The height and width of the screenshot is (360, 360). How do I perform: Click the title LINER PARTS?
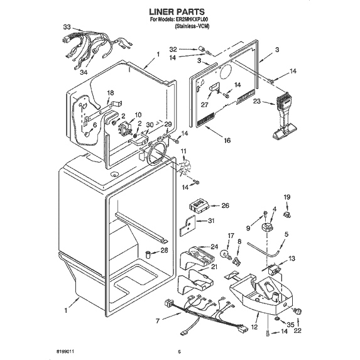(x=180, y=11)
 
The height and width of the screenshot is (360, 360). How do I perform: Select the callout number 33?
(x=67, y=28)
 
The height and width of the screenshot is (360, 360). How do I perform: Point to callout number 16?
(x=226, y=140)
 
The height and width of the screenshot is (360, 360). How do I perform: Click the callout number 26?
(x=226, y=205)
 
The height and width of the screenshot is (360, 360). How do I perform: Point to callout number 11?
(x=183, y=152)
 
